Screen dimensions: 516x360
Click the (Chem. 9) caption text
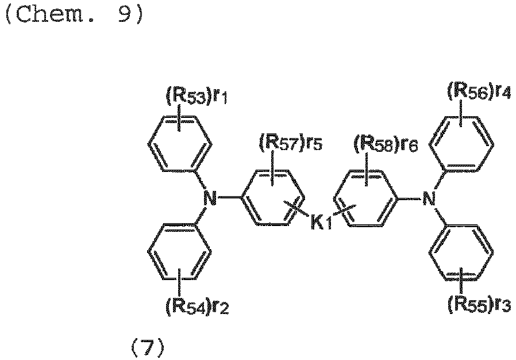[74, 14]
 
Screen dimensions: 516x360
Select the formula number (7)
[148, 348]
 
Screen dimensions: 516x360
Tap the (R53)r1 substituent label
[196, 97]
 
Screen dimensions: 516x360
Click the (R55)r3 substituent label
[479, 305]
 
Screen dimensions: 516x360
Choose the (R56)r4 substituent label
[479, 91]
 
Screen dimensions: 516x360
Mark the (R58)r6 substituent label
[386, 144]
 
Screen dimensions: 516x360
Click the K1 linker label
[321, 222]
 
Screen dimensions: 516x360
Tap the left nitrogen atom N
[210, 198]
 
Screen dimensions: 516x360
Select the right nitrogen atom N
[429, 198]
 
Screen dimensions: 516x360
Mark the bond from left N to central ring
[229, 198]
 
